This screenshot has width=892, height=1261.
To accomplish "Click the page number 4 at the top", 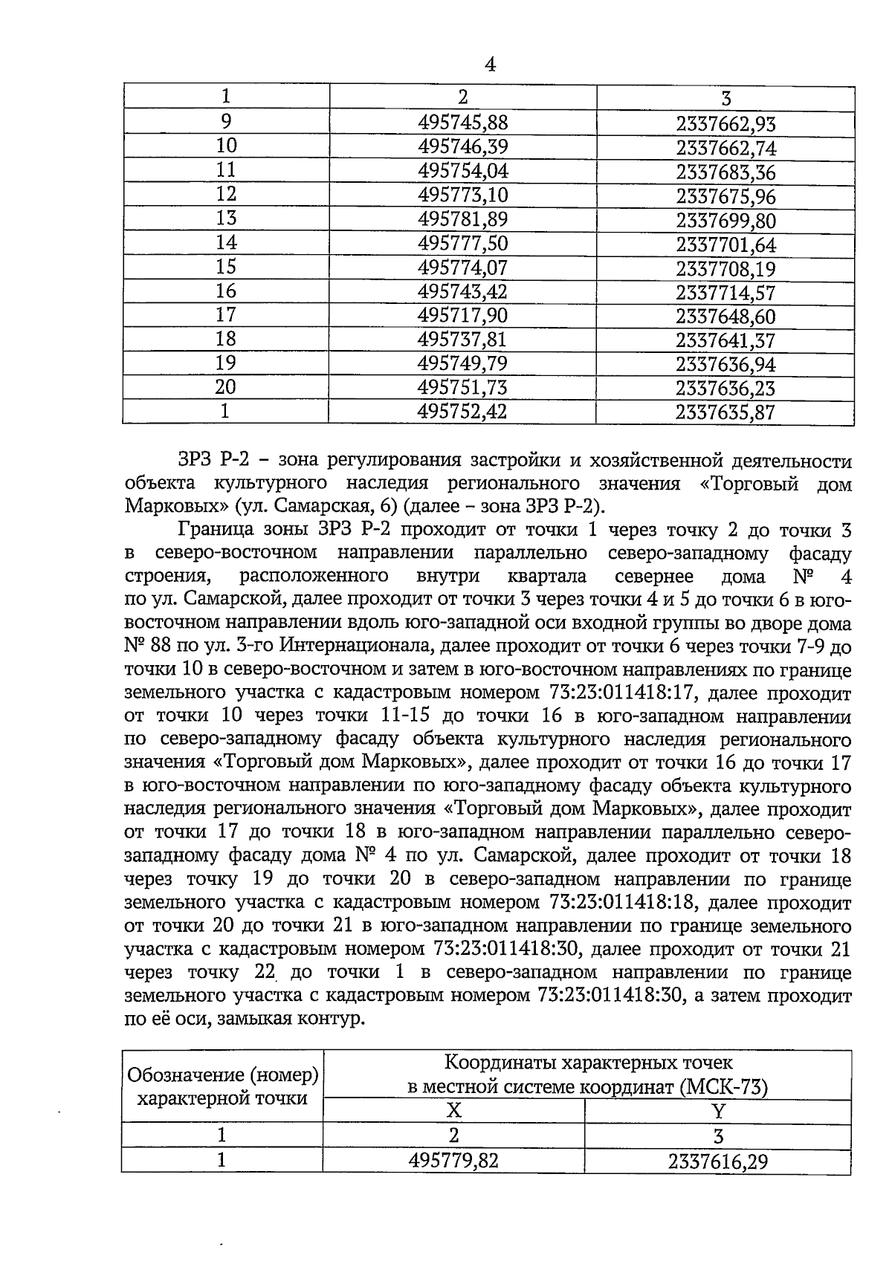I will tap(489, 65).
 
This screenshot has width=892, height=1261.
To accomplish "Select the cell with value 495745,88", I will tap(463, 123).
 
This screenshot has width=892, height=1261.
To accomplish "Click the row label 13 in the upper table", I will tap(226, 218).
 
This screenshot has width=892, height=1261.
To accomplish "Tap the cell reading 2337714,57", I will tap(725, 292).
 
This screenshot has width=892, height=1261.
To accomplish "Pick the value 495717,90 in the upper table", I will tap(463, 316).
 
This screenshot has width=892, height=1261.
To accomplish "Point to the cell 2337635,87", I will tap(725, 412).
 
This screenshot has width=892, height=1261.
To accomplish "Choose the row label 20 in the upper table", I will tap(226, 387).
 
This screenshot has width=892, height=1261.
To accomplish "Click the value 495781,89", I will tap(463, 220).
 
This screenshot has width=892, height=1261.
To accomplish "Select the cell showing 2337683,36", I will tap(725, 172).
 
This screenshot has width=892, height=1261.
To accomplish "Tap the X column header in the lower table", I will tap(453, 1111).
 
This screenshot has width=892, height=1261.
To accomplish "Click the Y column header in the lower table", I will tap(718, 1111).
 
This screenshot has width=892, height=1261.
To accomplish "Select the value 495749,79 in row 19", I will tap(463, 364).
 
